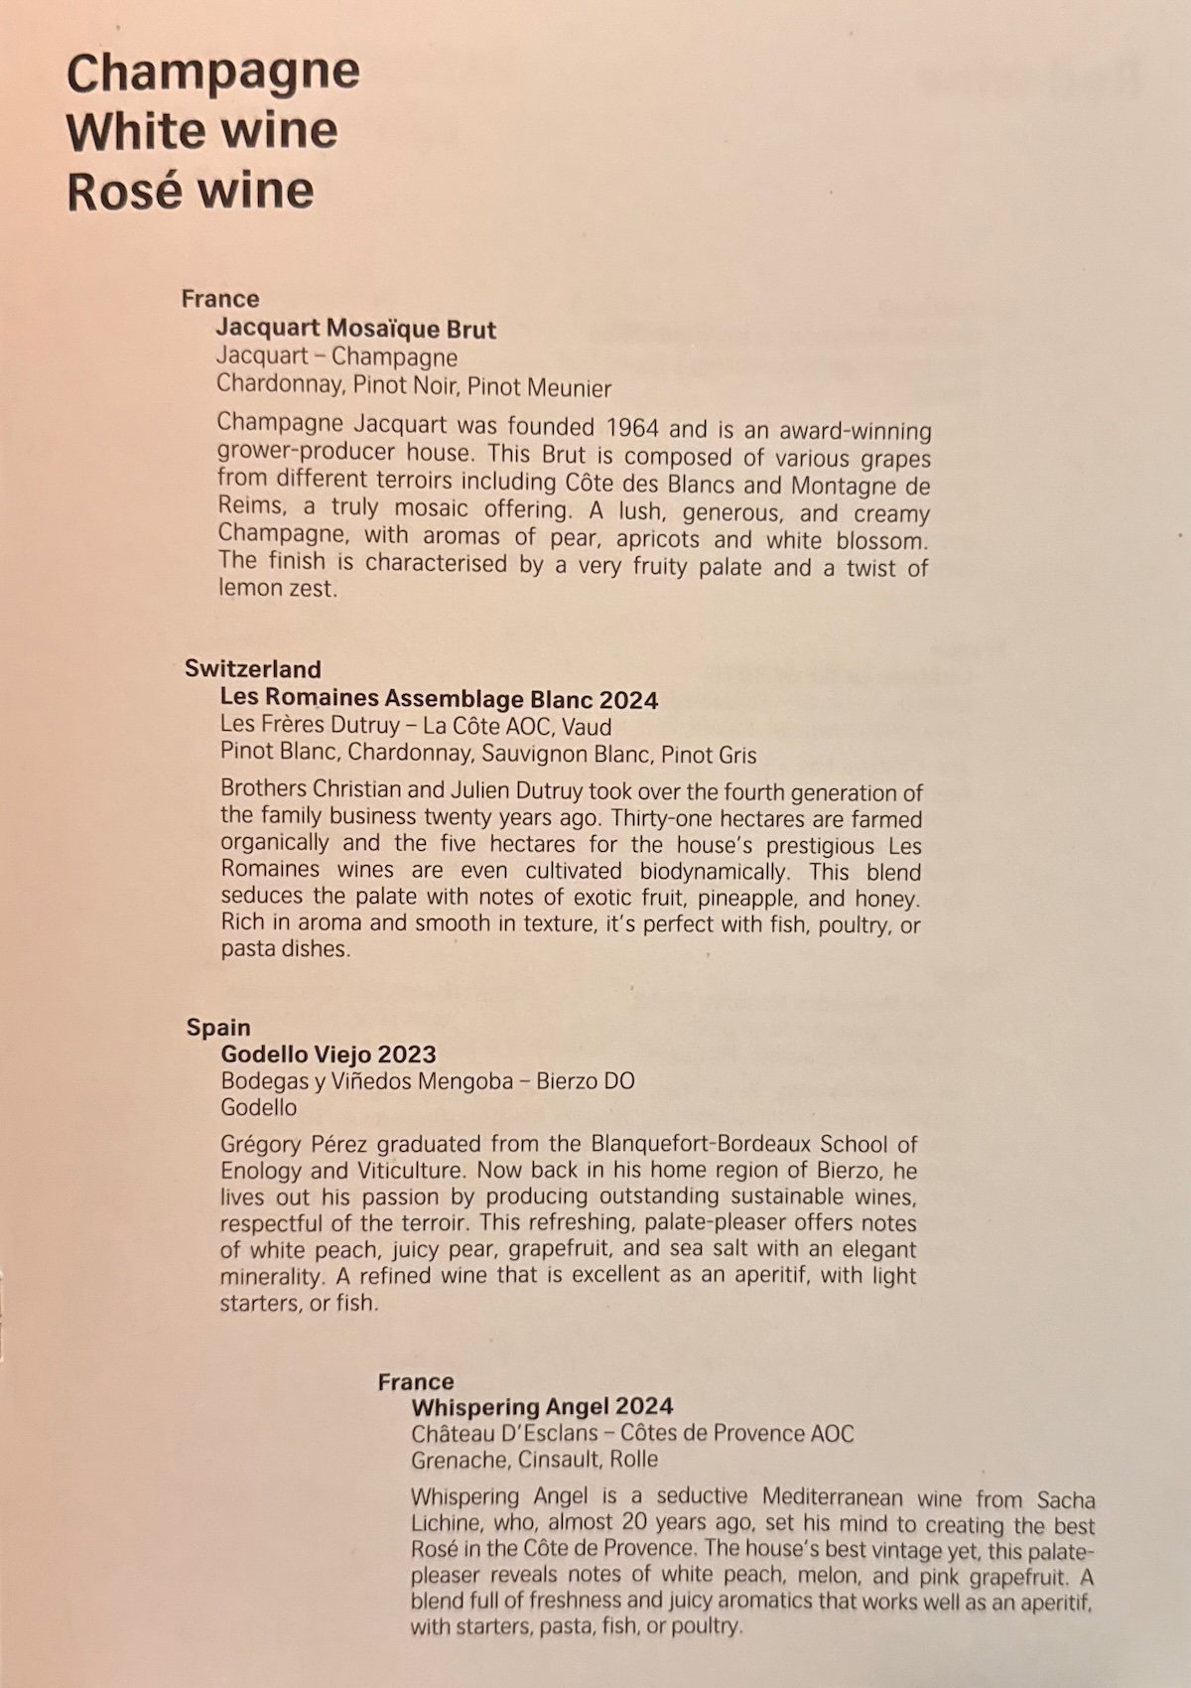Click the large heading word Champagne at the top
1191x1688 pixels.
[212, 72]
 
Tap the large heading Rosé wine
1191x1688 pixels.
[191, 191]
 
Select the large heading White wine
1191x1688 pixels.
[202, 131]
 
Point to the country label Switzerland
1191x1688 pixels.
[253, 668]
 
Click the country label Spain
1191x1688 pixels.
[218, 1027]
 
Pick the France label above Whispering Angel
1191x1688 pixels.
[416, 1381]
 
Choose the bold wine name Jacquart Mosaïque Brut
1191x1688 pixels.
[356, 329]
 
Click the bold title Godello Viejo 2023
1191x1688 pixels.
[329, 1054]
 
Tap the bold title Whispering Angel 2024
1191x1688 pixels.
[542, 1406]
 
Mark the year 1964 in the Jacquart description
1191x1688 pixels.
[627, 428]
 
